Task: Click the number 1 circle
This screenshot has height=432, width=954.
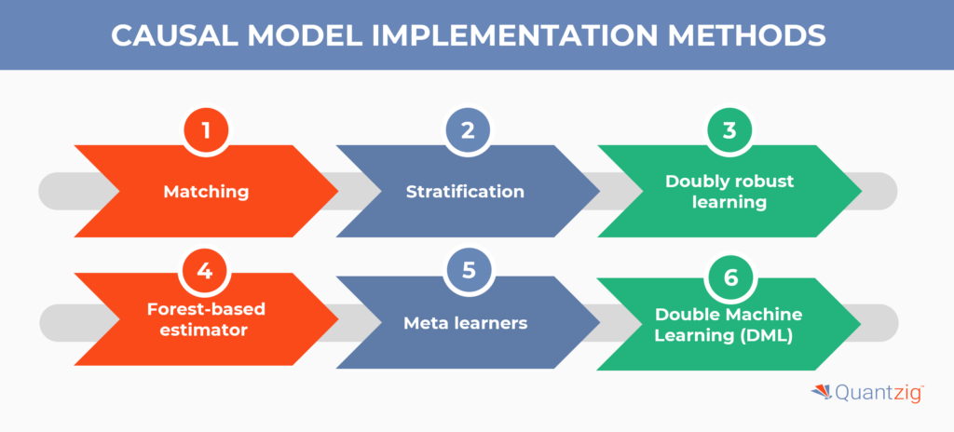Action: pos(206,131)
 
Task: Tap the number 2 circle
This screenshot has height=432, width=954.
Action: pos(468,131)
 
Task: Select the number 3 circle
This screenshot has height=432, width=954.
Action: pos(729,131)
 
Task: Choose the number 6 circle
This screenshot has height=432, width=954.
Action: pos(729,277)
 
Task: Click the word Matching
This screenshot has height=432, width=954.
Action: pos(206,193)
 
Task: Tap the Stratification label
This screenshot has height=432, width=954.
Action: pos(465,192)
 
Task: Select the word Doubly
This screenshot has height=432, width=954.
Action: pos(692,182)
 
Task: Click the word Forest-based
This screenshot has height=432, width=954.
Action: pos(206,309)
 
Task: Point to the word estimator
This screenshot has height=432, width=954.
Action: pos(206,331)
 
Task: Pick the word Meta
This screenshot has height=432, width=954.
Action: pos(425,323)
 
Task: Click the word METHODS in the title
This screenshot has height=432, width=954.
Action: pos(747,36)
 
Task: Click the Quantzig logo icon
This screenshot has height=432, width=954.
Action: pos(822,393)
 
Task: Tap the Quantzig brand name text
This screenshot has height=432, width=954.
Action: pos(879,393)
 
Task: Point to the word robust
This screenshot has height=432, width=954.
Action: pos(759,182)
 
